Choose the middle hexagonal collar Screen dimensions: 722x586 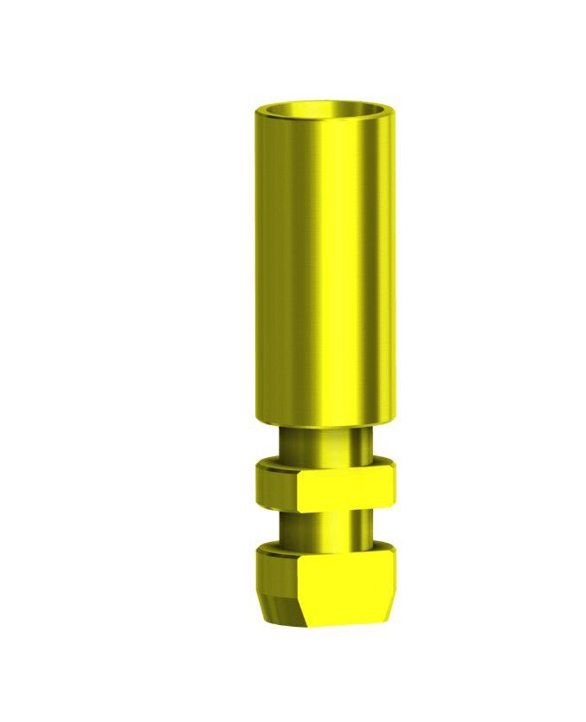(x=325, y=485)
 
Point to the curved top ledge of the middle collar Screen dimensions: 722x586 (x=325, y=466)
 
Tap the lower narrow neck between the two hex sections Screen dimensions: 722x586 (x=325, y=525)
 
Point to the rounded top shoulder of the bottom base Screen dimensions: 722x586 (x=325, y=547)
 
